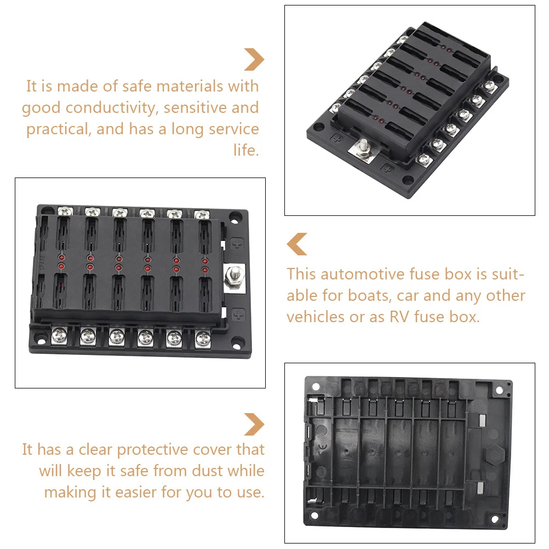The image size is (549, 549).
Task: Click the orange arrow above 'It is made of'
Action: point(254,59)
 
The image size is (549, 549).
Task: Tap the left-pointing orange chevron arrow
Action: point(298,244)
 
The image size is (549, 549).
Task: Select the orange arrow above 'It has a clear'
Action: point(254,424)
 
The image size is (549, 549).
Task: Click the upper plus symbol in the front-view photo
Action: point(237,244)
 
